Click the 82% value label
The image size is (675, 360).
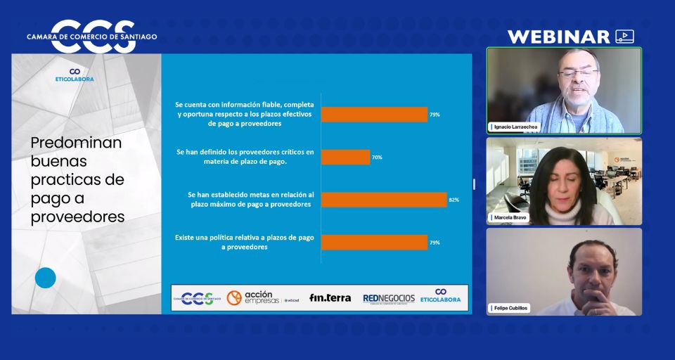click(454, 200)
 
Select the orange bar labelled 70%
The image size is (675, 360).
click(345, 157)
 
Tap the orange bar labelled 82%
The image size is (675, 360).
click(384, 200)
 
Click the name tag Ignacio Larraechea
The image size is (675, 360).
click(515, 127)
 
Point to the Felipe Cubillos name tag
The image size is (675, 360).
click(509, 308)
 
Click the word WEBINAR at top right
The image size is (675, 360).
click(558, 37)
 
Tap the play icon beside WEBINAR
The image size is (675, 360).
click(624, 37)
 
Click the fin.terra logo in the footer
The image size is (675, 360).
click(330, 297)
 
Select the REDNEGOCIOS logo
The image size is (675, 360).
click(389, 298)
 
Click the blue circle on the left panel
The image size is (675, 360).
click(45, 278)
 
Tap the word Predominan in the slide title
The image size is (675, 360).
click(76, 143)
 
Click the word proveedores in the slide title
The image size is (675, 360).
click(78, 217)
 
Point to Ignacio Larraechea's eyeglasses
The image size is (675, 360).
click(578, 73)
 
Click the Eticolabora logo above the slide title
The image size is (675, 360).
click(75, 75)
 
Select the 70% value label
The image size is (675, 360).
click(377, 157)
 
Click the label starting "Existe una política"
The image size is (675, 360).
click(245, 243)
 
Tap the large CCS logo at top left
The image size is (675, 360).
click(92, 37)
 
